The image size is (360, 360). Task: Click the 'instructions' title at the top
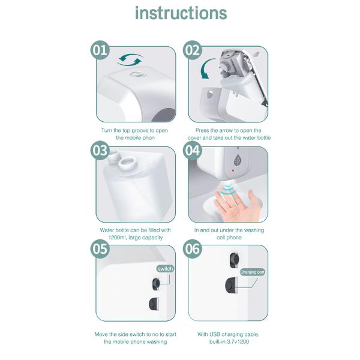[x=181, y=13]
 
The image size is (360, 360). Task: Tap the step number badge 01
[x=100, y=50]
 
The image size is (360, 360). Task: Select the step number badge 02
[x=193, y=50]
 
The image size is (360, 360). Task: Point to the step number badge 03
[x=100, y=151]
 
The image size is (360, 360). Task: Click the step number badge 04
[x=193, y=151]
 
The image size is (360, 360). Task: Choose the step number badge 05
[x=100, y=249]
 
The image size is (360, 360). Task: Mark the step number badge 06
[x=193, y=249]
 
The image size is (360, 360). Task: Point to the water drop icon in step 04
[x=238, y=160]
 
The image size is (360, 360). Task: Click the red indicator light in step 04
[x=233, y=170]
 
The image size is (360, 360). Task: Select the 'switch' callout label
[x=166, y=269]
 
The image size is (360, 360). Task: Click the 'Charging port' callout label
[x=253, y=272]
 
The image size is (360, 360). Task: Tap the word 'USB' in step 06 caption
[x=215, y=334]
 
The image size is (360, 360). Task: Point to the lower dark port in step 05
[x=154, y=304]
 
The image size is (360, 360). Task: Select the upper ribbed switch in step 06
[x=234, y=260]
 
